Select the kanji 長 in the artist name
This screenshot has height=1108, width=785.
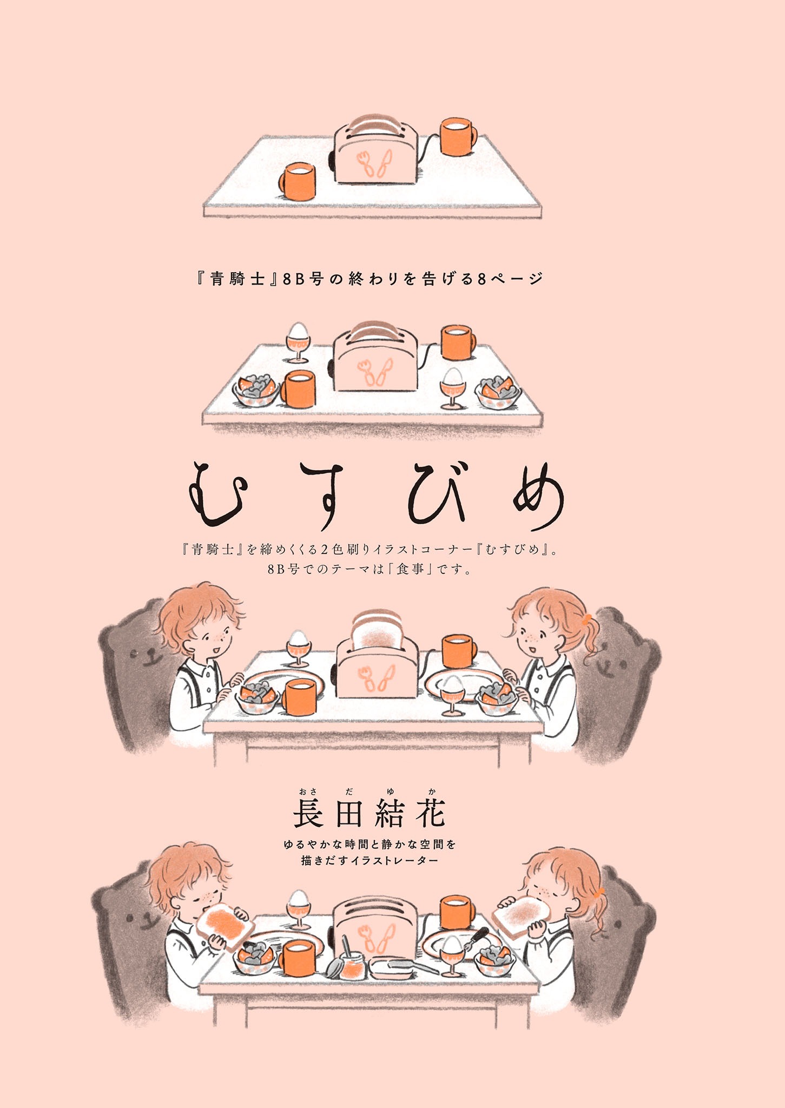pos(308,814)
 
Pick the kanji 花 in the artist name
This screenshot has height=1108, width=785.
pos(431,814)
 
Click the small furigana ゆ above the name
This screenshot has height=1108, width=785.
pos(391,792)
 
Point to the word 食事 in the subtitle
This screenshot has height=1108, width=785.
pos(410,569)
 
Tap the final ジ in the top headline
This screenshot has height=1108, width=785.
pos(535,279)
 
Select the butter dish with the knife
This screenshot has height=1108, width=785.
pos(395,967)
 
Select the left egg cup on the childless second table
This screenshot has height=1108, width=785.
pos(298,342)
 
